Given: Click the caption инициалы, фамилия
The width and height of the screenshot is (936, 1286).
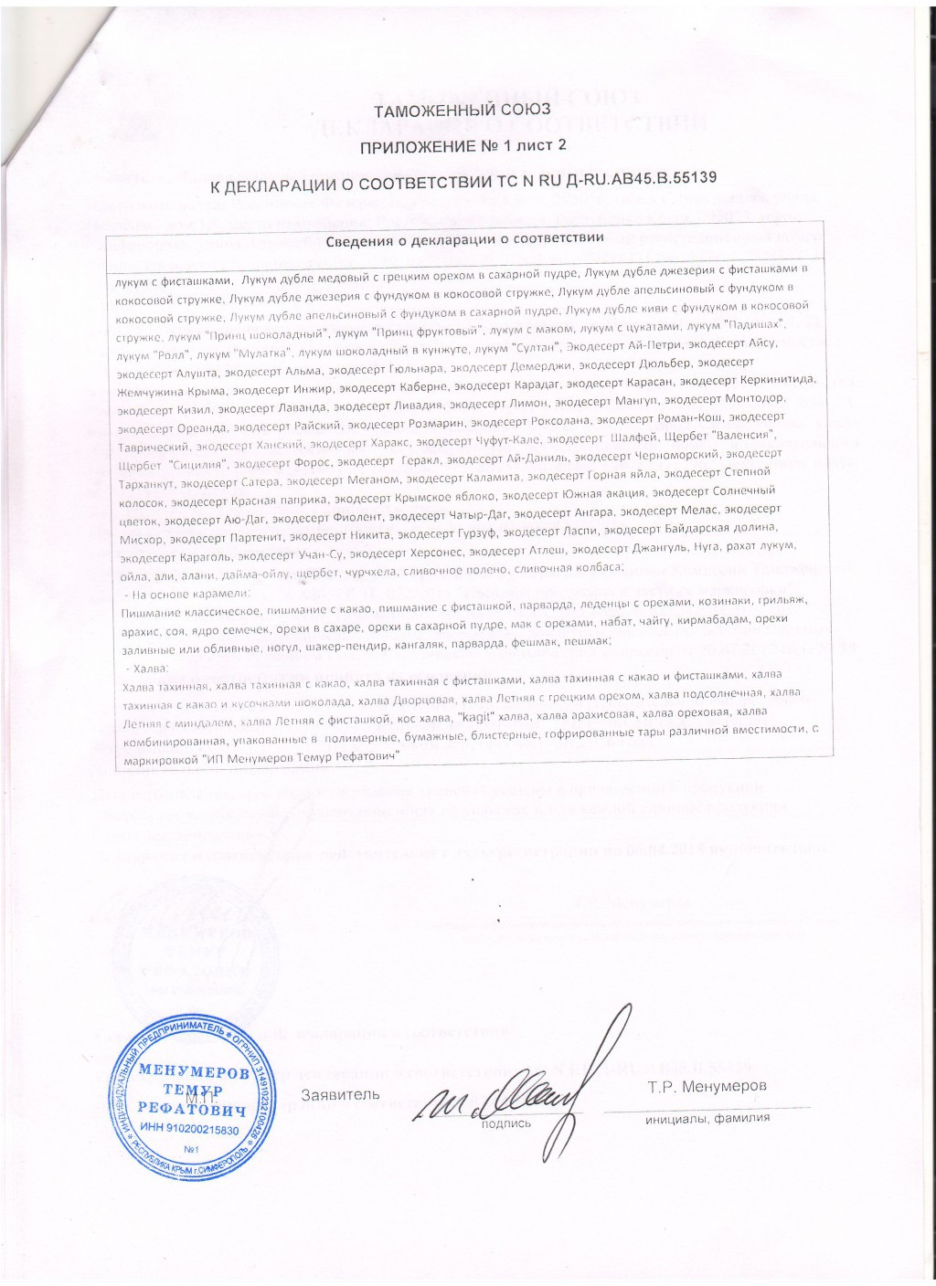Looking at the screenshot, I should click(x=706, y=1117).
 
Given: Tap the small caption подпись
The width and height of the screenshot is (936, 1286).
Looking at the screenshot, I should click(x=505, y=1123).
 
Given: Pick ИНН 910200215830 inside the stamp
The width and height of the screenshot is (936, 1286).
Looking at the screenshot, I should click(x=190, y=1130).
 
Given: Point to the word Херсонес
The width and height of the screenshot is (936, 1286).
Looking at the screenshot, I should click(x=463, y=552).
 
